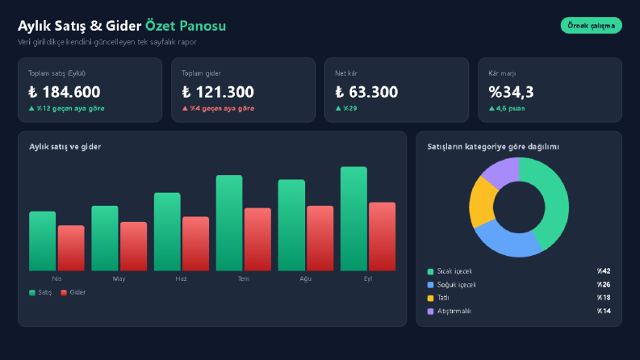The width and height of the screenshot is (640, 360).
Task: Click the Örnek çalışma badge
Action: click(x=591, y=25)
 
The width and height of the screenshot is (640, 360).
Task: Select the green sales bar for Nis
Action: click(x=43, y=241)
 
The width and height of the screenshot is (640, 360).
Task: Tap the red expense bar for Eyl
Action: click(x=382, y=237)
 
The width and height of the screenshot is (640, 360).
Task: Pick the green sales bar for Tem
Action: click(x=229, y=223)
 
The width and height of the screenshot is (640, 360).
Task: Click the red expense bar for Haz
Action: click(x=195, y=244)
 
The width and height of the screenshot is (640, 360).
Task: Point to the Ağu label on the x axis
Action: click(x=306, y=278)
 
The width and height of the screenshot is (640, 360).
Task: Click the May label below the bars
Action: click(x=119, y=278)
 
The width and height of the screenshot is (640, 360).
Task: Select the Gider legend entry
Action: click(x=73, y=292)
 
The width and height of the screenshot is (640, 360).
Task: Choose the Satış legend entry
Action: click(x=40, y=292)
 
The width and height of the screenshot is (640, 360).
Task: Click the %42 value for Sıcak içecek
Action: click(x=604, y=271)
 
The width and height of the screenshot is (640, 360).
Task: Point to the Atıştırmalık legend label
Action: click(x=454, y=311)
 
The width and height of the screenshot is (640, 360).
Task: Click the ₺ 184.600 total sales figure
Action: click(x=64, y=92)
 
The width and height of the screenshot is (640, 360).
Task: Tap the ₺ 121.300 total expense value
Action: click(x=218, y=92)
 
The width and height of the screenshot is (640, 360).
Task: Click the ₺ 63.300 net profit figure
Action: click(x=366, y=92)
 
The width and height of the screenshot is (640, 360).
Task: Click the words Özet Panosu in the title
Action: click(x=186, y=26)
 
